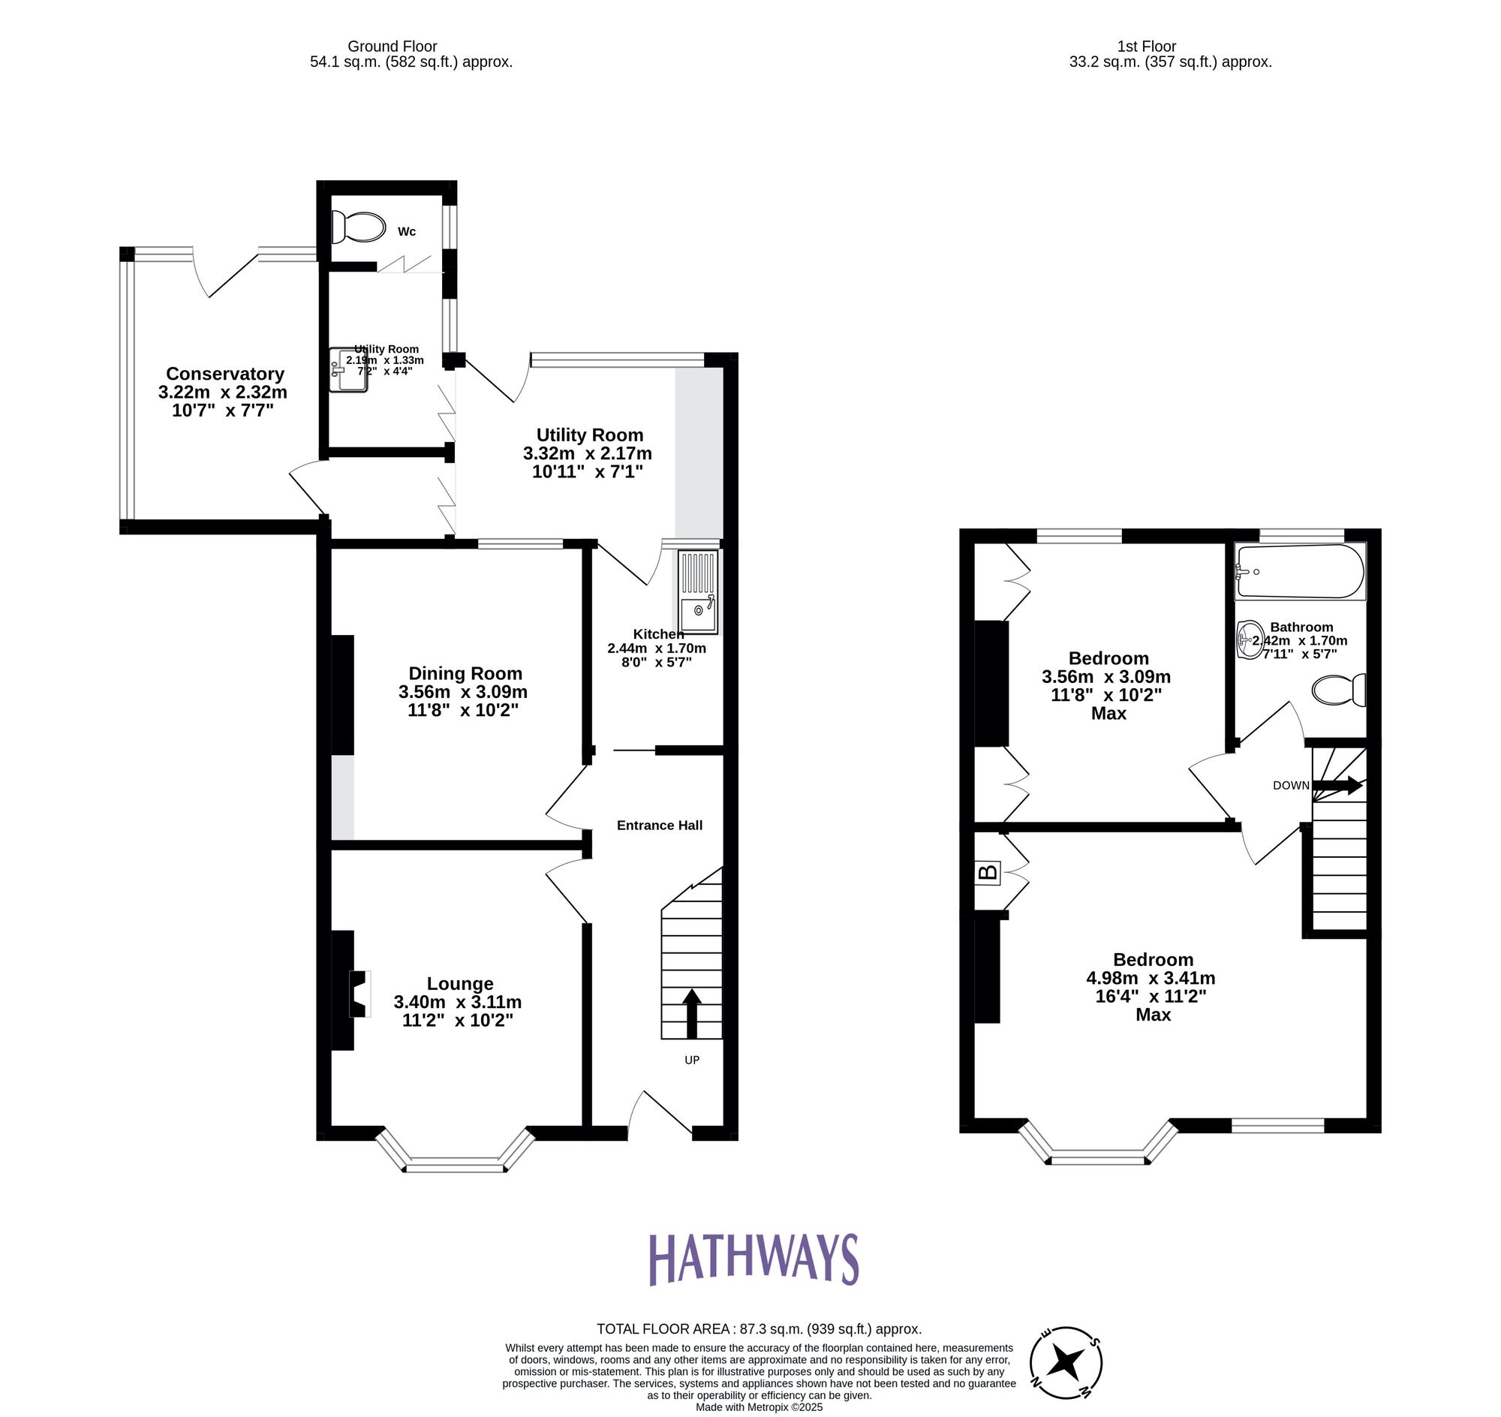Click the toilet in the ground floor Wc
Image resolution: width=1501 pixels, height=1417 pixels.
pyautogui.click(x=358, y=227)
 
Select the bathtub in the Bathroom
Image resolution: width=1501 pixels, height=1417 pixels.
pyautogui.click(x=1299, y=572)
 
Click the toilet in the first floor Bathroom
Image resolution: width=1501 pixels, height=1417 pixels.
pyautogui.click(x=1339, y=690)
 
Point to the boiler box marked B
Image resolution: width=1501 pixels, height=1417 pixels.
pyautogui.click(x=988, y=873)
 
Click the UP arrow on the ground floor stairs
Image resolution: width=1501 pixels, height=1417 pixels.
pyautogui.click(x=692, y=1014)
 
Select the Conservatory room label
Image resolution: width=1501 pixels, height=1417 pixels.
pyautogui.click(x=225, y=374)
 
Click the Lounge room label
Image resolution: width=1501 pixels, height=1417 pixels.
pyautogui.click(x=460, y=983)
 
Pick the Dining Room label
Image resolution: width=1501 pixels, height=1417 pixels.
pyautogui.click(x=465, y=673)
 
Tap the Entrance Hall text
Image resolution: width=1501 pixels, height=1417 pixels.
pyautogui.click(x=660, y=826)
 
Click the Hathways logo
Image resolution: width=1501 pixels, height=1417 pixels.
pyautogui.click(x=754, y=1259)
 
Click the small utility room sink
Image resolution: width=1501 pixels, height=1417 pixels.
pyautogui.click(x=348, y=369)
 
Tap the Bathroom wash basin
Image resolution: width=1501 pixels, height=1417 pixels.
pyautogui.click(x=1250, y=639)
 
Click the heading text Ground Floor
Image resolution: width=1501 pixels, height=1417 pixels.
pyautogui.click(x=392, y=47)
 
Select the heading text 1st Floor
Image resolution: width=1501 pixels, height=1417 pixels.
pyautogui.click(x=1146, y=47)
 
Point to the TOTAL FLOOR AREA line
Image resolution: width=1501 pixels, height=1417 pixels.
pyautogui.click(x=759, y=1328)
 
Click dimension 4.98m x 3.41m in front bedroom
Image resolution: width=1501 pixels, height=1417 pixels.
pyautogui.click(x=1151, y=977)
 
